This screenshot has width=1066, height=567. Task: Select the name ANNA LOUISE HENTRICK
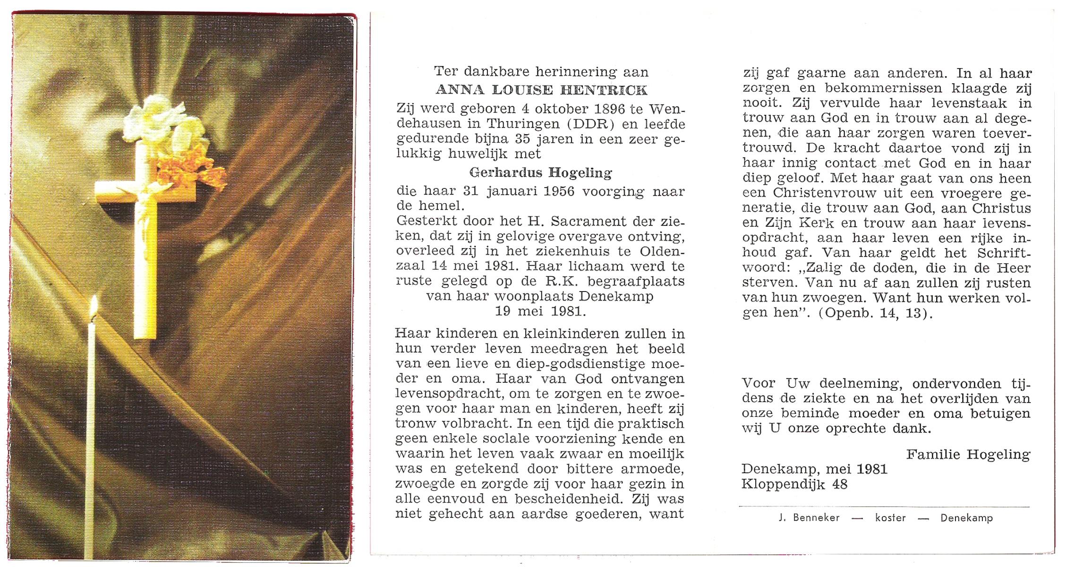[x=541, y=90]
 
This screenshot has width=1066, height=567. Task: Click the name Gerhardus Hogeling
[x=541, y=173]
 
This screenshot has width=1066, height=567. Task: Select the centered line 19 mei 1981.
[x=540, y=311]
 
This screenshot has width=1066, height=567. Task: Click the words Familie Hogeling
[x=968, y=455]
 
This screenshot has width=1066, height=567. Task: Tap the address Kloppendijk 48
[x=794, y=484]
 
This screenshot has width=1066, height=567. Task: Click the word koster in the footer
[x=890, y=518]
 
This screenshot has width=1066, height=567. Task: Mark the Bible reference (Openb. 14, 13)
[x=876, y=313]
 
